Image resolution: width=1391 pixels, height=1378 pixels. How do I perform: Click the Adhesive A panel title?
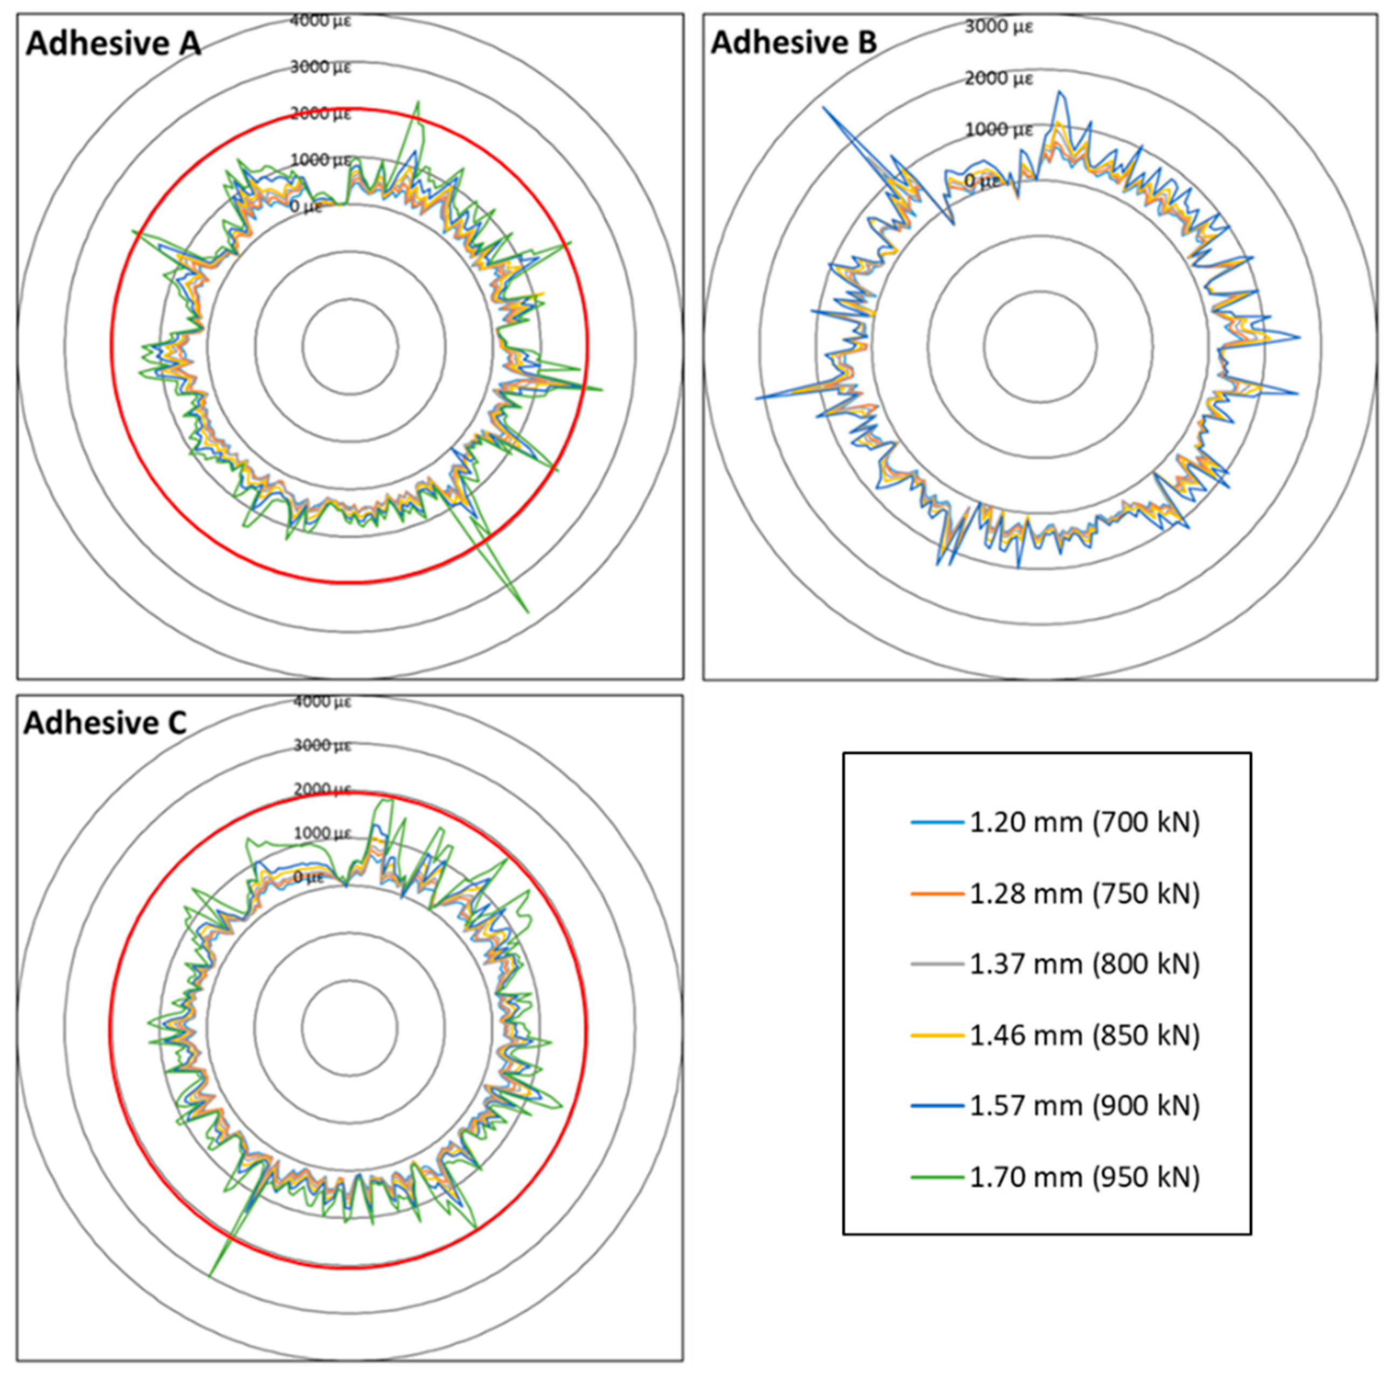pos(113,44)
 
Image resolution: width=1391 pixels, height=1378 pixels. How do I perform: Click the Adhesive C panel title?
pos(105,723)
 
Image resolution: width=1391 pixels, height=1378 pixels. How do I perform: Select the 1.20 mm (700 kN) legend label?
pos(1084,822)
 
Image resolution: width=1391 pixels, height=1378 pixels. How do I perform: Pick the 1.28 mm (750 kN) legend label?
pos(1084,894)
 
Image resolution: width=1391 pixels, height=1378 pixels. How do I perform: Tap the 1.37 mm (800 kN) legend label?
pos(1084,964)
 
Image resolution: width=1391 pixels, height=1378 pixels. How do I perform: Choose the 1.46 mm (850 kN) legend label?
pos(1084,1035)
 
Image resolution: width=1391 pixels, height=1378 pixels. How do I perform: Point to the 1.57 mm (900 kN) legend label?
pos(1084,1105)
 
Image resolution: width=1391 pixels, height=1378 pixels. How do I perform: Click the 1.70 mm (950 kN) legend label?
pos(1084,1177)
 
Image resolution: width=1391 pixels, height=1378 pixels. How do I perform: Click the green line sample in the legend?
pos(937,1177)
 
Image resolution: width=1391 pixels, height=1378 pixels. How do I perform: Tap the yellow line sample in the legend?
pos(937,1035)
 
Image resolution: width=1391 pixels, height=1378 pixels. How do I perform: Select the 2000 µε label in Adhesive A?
pos(320,114)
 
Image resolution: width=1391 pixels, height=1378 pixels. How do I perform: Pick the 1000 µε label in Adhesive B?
pos(999,129)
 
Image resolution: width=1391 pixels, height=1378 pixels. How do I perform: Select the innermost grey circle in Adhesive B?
pos(1040,292)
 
